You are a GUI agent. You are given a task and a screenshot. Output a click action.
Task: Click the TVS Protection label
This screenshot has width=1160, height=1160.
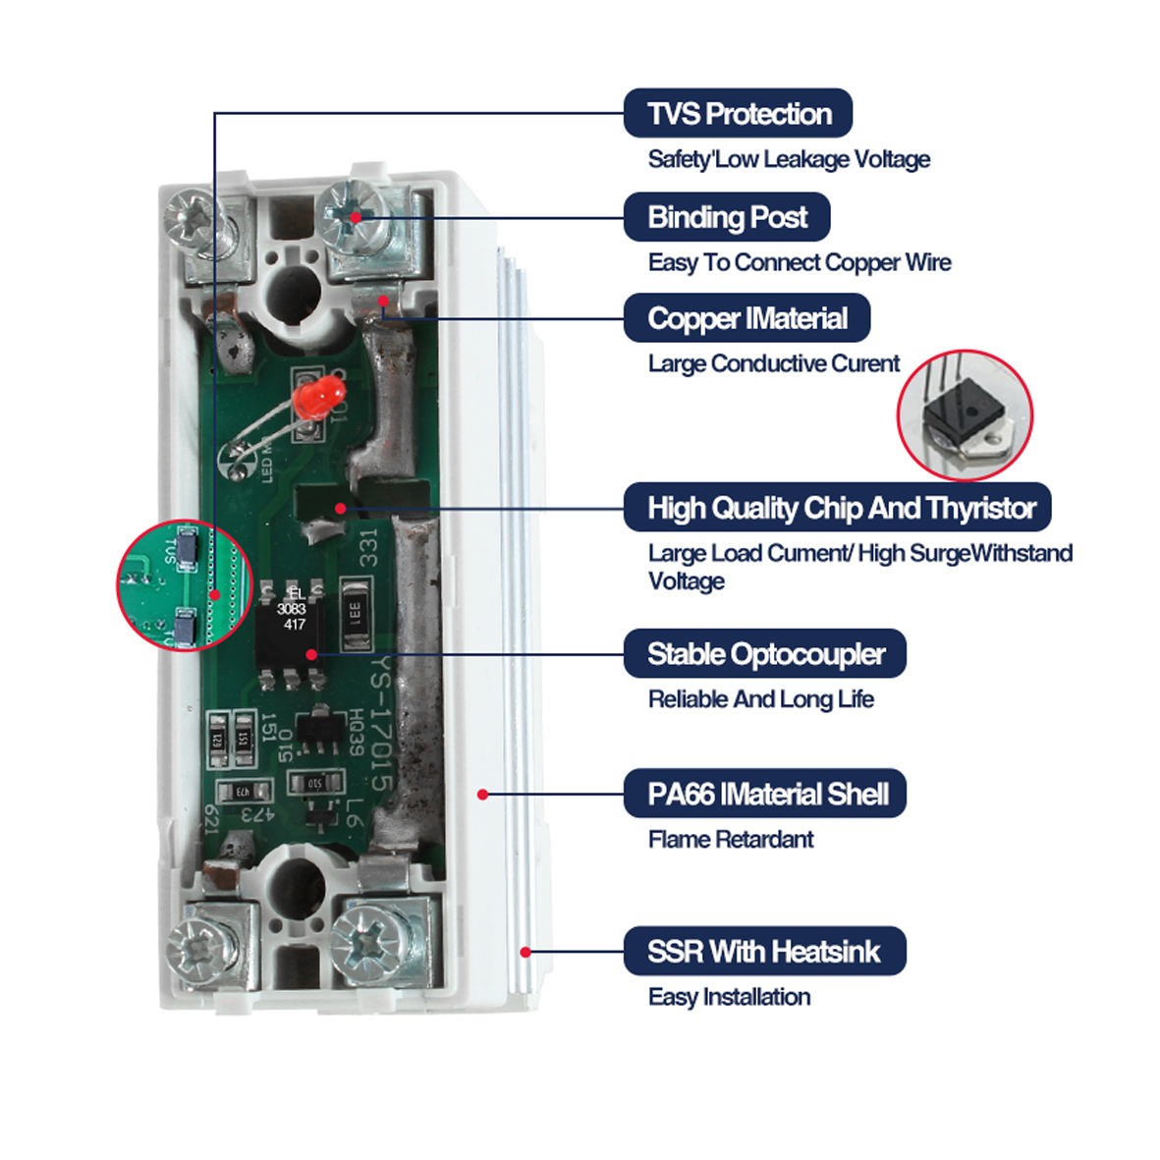[x=738, y=114]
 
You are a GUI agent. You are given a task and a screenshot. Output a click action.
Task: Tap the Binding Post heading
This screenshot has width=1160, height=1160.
[x=727, y=217]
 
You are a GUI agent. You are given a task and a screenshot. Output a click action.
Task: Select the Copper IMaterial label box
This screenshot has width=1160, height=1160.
[x=746, y=318]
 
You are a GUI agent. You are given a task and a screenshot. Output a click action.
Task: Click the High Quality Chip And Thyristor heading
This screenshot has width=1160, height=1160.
[x=838, y=508]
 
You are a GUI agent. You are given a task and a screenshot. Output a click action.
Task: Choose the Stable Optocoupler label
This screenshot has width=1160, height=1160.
[x=764, y=654]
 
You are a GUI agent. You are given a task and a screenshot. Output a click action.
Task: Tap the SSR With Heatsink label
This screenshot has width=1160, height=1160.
[x=764, y=951]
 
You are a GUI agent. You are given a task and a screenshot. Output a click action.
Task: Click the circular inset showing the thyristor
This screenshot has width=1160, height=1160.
[x=965, y=416]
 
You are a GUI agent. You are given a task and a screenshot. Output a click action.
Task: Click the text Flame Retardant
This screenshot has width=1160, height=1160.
[x=730, y=840]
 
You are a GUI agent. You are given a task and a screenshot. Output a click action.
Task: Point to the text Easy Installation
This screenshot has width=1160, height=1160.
[x=729, y=997]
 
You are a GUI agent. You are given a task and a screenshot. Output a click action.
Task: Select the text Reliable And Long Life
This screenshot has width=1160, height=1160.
[x=760, y=699]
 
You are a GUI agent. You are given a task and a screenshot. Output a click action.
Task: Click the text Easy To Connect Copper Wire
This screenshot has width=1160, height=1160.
[x=799, y=262]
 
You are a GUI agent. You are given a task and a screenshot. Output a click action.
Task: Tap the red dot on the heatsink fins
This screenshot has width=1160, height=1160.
[x=525, y=952]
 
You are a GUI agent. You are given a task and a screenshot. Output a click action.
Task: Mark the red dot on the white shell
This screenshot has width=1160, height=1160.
[x=482, y=794]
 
